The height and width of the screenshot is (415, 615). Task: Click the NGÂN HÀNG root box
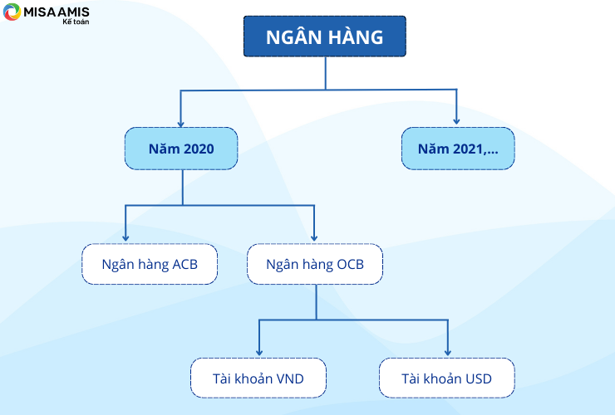[325, 37]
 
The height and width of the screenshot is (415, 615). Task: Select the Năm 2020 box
[181, 149]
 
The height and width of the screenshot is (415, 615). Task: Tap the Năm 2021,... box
[458, 149]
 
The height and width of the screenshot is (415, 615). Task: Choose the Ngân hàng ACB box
[150, 264]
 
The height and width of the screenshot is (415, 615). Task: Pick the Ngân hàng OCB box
[315, 264]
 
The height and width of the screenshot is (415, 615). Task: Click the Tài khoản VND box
[258, 378]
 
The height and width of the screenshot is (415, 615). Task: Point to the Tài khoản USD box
[447, 378]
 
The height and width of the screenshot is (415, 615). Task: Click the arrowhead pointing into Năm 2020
[180, 124]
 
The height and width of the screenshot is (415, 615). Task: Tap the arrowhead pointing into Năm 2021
[456, 121]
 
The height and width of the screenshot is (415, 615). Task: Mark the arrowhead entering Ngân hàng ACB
[125, 237]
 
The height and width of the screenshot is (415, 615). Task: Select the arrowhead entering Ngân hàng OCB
[314, 237]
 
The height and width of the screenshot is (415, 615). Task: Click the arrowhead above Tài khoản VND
[258, 352]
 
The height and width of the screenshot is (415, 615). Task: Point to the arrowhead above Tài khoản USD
[447, 352]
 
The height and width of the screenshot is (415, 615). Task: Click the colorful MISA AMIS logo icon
[12, 12]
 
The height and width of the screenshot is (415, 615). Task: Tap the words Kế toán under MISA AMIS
[76, 22]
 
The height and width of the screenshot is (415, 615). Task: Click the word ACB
[184, 265]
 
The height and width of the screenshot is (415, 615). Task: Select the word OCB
[350, 265]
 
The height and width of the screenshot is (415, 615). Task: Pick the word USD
[479, 379]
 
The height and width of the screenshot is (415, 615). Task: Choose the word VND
[290, 379]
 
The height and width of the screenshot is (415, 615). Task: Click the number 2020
[199, 149]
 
